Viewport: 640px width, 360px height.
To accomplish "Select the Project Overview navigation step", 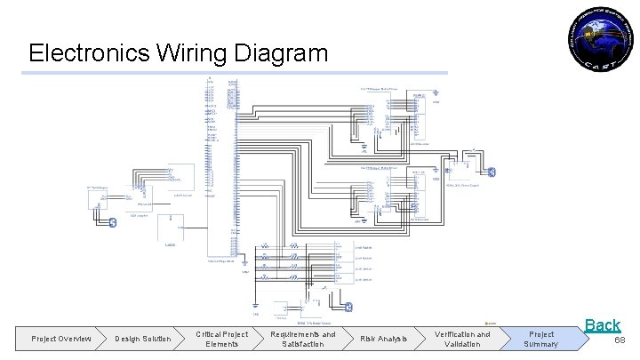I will coord(61,338).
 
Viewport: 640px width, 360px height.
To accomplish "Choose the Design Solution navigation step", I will coord(142,338).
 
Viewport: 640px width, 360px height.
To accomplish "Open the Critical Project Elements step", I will coord(221,339).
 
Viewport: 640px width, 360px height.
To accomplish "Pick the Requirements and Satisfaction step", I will coord(303,339).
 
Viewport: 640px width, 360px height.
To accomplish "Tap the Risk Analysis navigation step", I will coord(384,338).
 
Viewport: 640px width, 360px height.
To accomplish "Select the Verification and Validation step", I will coord(462,339).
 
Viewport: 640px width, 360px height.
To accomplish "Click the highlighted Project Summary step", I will coord(540,339).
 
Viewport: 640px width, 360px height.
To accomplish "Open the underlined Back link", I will coord(602,325).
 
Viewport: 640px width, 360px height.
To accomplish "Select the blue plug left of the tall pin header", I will coord(112,222).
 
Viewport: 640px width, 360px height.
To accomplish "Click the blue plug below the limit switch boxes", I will coord(348,308).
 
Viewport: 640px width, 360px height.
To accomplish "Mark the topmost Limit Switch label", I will coord(364,247).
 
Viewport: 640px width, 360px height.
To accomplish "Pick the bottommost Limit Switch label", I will coord(364,279).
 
